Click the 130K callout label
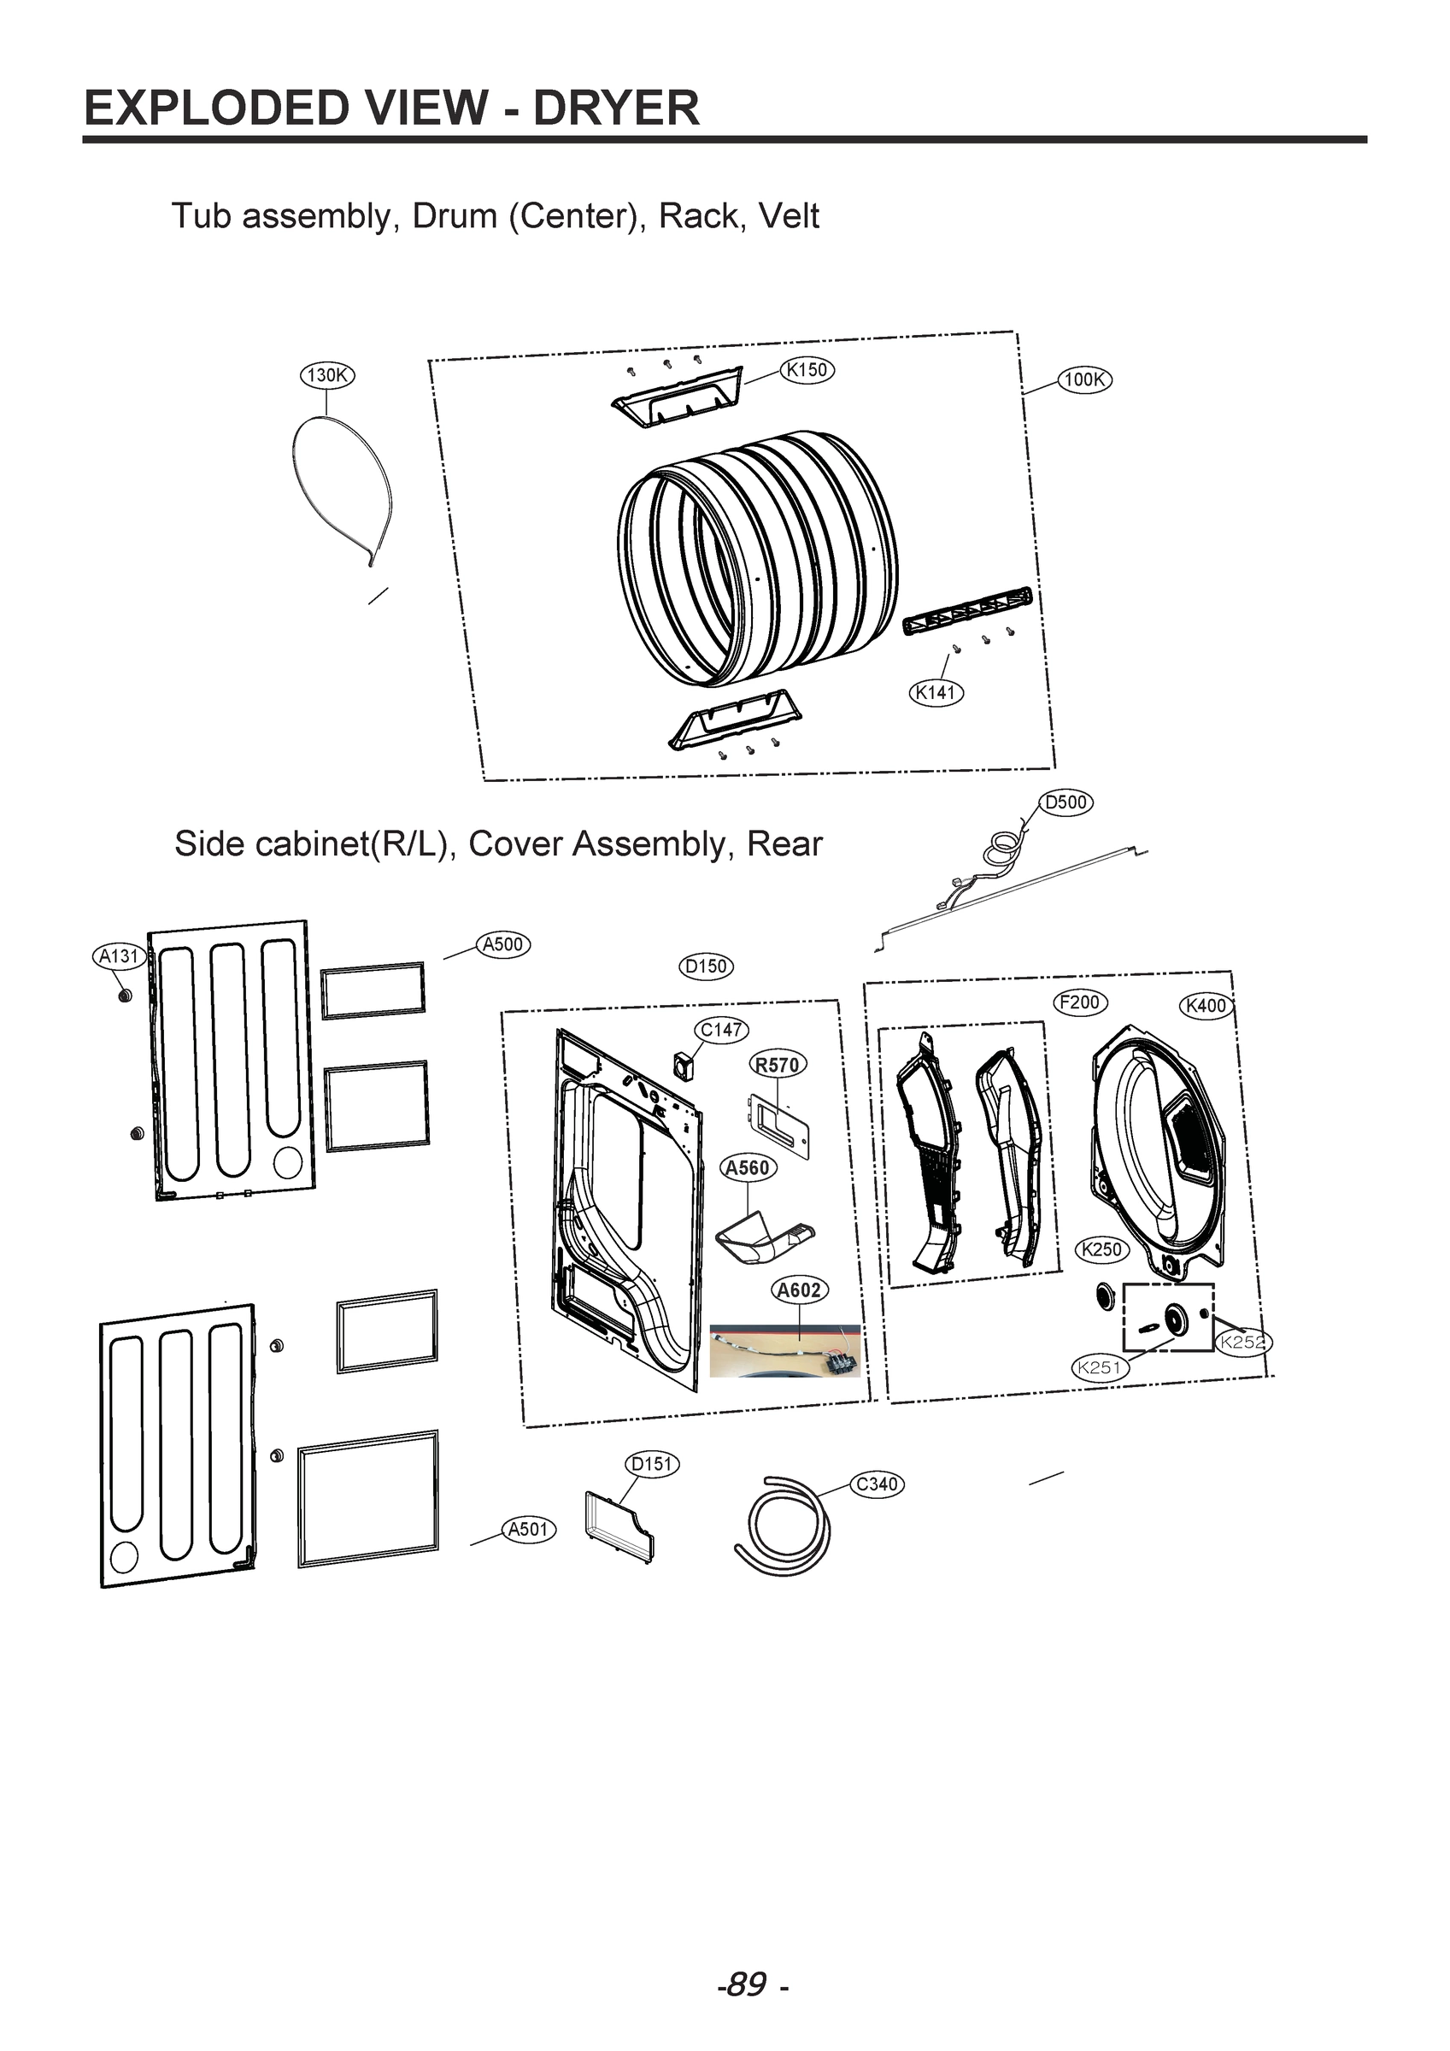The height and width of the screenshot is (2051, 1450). (x=327, y=375)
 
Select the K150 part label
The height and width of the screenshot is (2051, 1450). (x=807, y=370)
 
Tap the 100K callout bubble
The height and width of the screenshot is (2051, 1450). (x=1084, y=379)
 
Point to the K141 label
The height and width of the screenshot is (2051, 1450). (x=936, y=692)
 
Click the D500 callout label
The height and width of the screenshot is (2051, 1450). (x=1065, y=802)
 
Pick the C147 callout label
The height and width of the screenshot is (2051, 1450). (x=722, y=1030)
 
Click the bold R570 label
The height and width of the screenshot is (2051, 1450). (x=778, y=1065)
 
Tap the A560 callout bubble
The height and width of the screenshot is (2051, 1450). (x=748, y=1167)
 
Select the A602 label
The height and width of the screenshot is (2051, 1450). (x=799, y=1290)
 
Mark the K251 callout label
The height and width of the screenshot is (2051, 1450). (x=1100, y=1366)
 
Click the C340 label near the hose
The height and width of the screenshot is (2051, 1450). (x=877, y=1484)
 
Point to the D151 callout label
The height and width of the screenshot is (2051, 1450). (x=651, y=1464)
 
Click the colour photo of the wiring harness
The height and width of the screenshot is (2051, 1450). (x=785, y=1350)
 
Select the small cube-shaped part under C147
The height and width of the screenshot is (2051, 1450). (x=684, y=1064)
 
